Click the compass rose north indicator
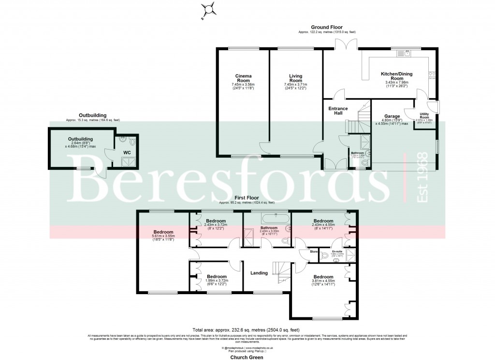click(x=208, y=9)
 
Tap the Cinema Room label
click(x=243, y=78)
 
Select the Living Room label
click(x=295, y=78)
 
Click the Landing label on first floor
click(x=259, y=273)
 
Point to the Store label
click(x=313, y=251)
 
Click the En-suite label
click(x=337, y=251)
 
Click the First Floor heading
click(x=246, y=198)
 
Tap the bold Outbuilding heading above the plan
click(x=93, y=115)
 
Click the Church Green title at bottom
click(x=247, y=357)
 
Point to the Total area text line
click(x=247, y=329)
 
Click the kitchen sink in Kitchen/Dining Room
click(x=408, y=53)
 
